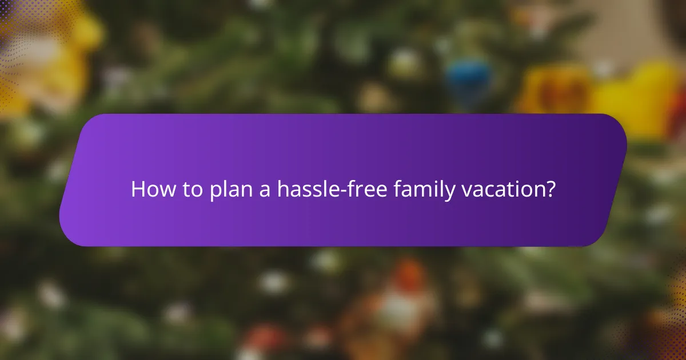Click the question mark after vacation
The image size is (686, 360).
(551, 190)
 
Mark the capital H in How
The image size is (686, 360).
(138, 190)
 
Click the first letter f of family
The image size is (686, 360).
(397, 190)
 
